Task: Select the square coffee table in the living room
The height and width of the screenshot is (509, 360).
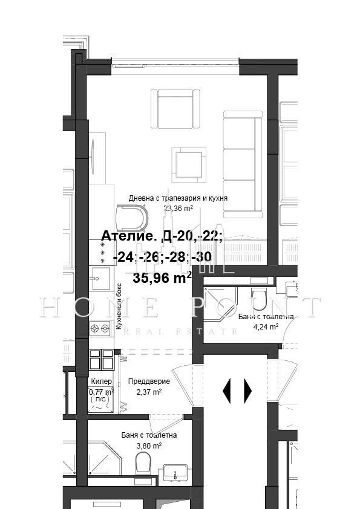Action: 188,163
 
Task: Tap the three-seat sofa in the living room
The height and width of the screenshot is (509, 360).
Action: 242,163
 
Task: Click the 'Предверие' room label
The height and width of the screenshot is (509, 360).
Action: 149,381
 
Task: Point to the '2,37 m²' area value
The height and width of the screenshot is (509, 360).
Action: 149,392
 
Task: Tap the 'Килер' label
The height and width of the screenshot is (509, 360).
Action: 100,381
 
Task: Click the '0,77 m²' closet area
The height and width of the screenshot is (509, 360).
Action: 101,391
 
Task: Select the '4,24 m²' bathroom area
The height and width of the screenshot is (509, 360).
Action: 266,326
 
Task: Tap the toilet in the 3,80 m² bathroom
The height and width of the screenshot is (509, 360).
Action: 143,464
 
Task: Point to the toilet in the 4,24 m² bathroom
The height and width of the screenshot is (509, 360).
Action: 258,299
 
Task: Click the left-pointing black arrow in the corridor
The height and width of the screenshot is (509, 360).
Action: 227,391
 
